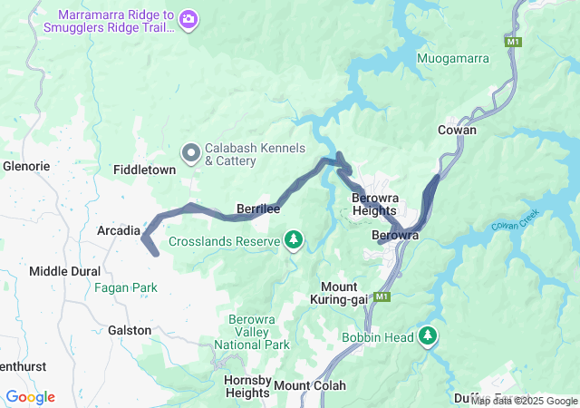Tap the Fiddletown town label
point(144,170)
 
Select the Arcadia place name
point(119,231)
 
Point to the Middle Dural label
point(65,271)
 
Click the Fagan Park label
point(125,288)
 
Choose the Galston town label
point(130,330)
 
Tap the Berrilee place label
point(257,209)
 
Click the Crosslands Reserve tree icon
point(293,240)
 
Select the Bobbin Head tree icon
point(428,337)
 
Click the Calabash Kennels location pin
point(191,154)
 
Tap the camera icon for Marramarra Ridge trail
point(188,18)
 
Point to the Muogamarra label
point(453,59)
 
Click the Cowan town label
point(457,130)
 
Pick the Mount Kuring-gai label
point(338,293)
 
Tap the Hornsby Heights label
point(247,386)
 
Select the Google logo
point(30,397)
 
